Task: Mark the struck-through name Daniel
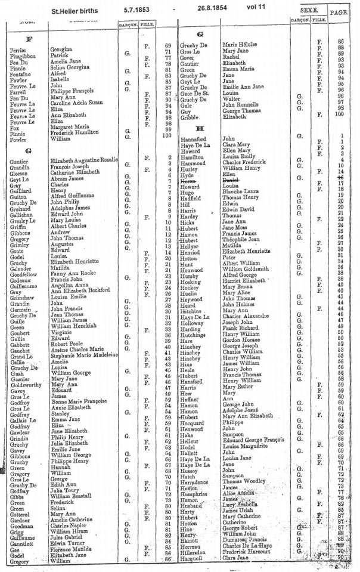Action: [231, 179]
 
